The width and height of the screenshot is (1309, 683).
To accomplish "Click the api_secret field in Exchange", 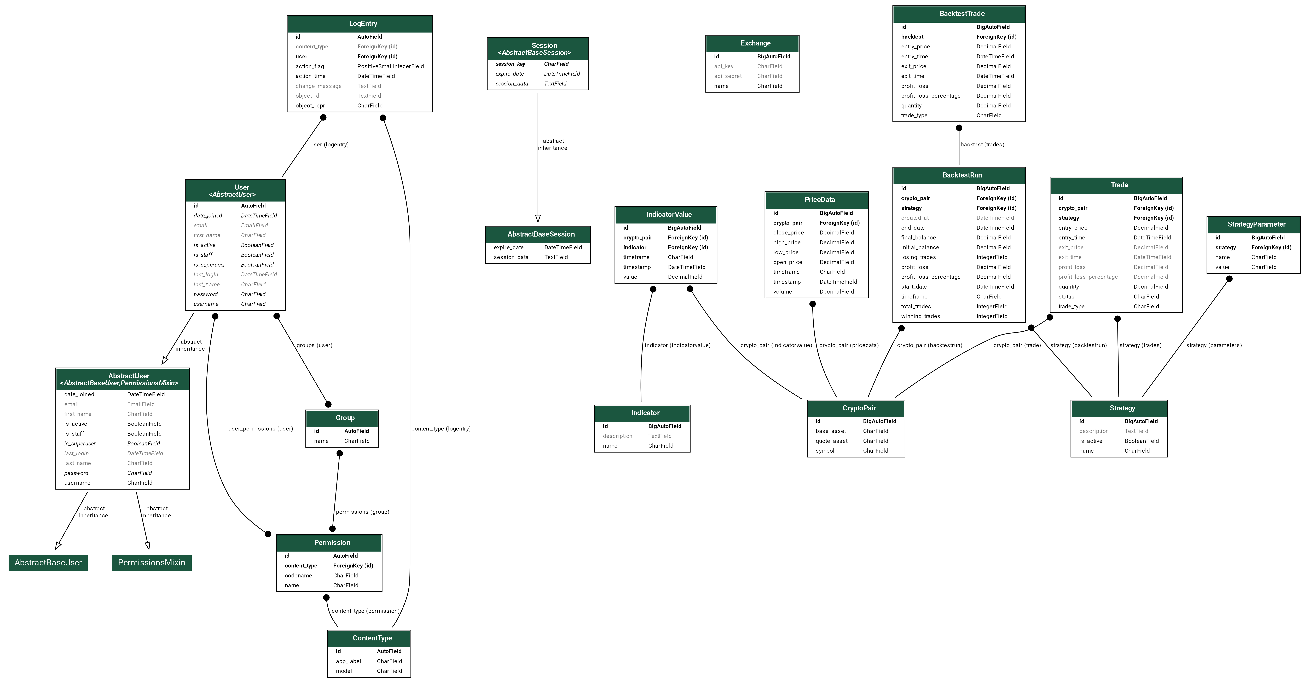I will coord(728,76).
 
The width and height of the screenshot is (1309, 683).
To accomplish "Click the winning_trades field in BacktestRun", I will coord(920,316).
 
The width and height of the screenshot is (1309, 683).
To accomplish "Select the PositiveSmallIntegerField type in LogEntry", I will coord(390,66).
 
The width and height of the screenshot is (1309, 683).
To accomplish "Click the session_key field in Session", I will coord(510,64).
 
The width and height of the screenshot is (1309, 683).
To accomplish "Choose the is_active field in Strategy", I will coord(1091,441).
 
